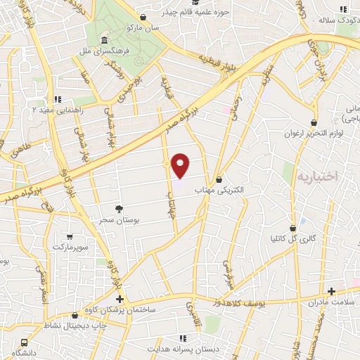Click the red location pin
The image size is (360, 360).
181,165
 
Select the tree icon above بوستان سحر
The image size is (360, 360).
119,209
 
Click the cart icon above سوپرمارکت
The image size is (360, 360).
69,237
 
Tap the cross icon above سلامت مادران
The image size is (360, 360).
331,291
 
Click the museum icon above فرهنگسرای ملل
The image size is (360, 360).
104,40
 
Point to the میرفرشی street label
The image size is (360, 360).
228,271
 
